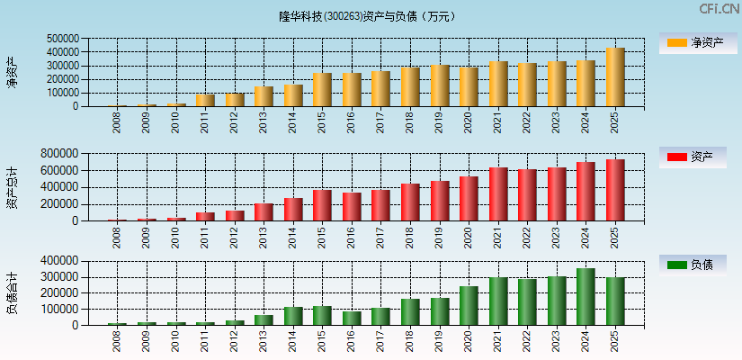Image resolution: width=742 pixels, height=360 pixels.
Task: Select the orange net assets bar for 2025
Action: pyautogui.click(x=615, y=77)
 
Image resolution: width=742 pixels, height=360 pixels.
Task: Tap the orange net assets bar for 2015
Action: pyautogui.click(x=322, y=90)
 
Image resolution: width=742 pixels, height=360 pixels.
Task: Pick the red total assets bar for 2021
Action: pyautogui.click(x=498, y=194)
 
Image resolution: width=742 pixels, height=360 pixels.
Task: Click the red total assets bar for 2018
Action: pyautogui.click(x=410, y=202)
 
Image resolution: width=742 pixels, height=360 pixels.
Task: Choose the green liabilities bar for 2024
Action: pyautogui.click(x=586, y=297)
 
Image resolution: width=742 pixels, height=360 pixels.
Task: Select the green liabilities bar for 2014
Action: pyautogui.click(x=293, y=316)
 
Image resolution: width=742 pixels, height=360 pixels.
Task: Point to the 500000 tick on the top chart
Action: pyautogui.click(x=61, y=39)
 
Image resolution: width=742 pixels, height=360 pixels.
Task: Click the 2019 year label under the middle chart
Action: pyautogui.click(x=440, y=237)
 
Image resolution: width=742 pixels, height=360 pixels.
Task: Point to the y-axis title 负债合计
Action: pyautogui.click(x=12, y=293)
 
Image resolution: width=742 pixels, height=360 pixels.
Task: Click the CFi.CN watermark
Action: pyautogui.click(x=719, y=9)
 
